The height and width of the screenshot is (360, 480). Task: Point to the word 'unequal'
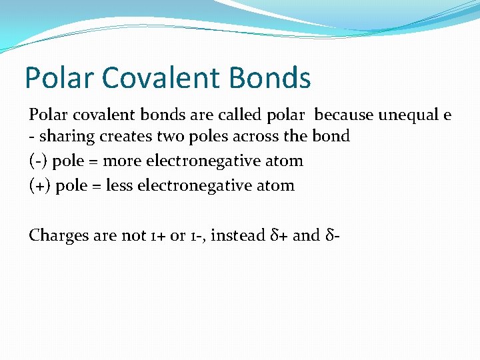coord(408,115)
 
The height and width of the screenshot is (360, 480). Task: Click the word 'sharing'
coord(65,137)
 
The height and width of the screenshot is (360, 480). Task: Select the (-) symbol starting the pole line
coord(38,161)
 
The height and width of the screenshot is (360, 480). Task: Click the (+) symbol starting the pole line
coord(39,185)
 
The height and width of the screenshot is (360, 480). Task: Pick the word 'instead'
coord(237,235)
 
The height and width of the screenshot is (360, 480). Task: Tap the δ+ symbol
coord(279,235)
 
